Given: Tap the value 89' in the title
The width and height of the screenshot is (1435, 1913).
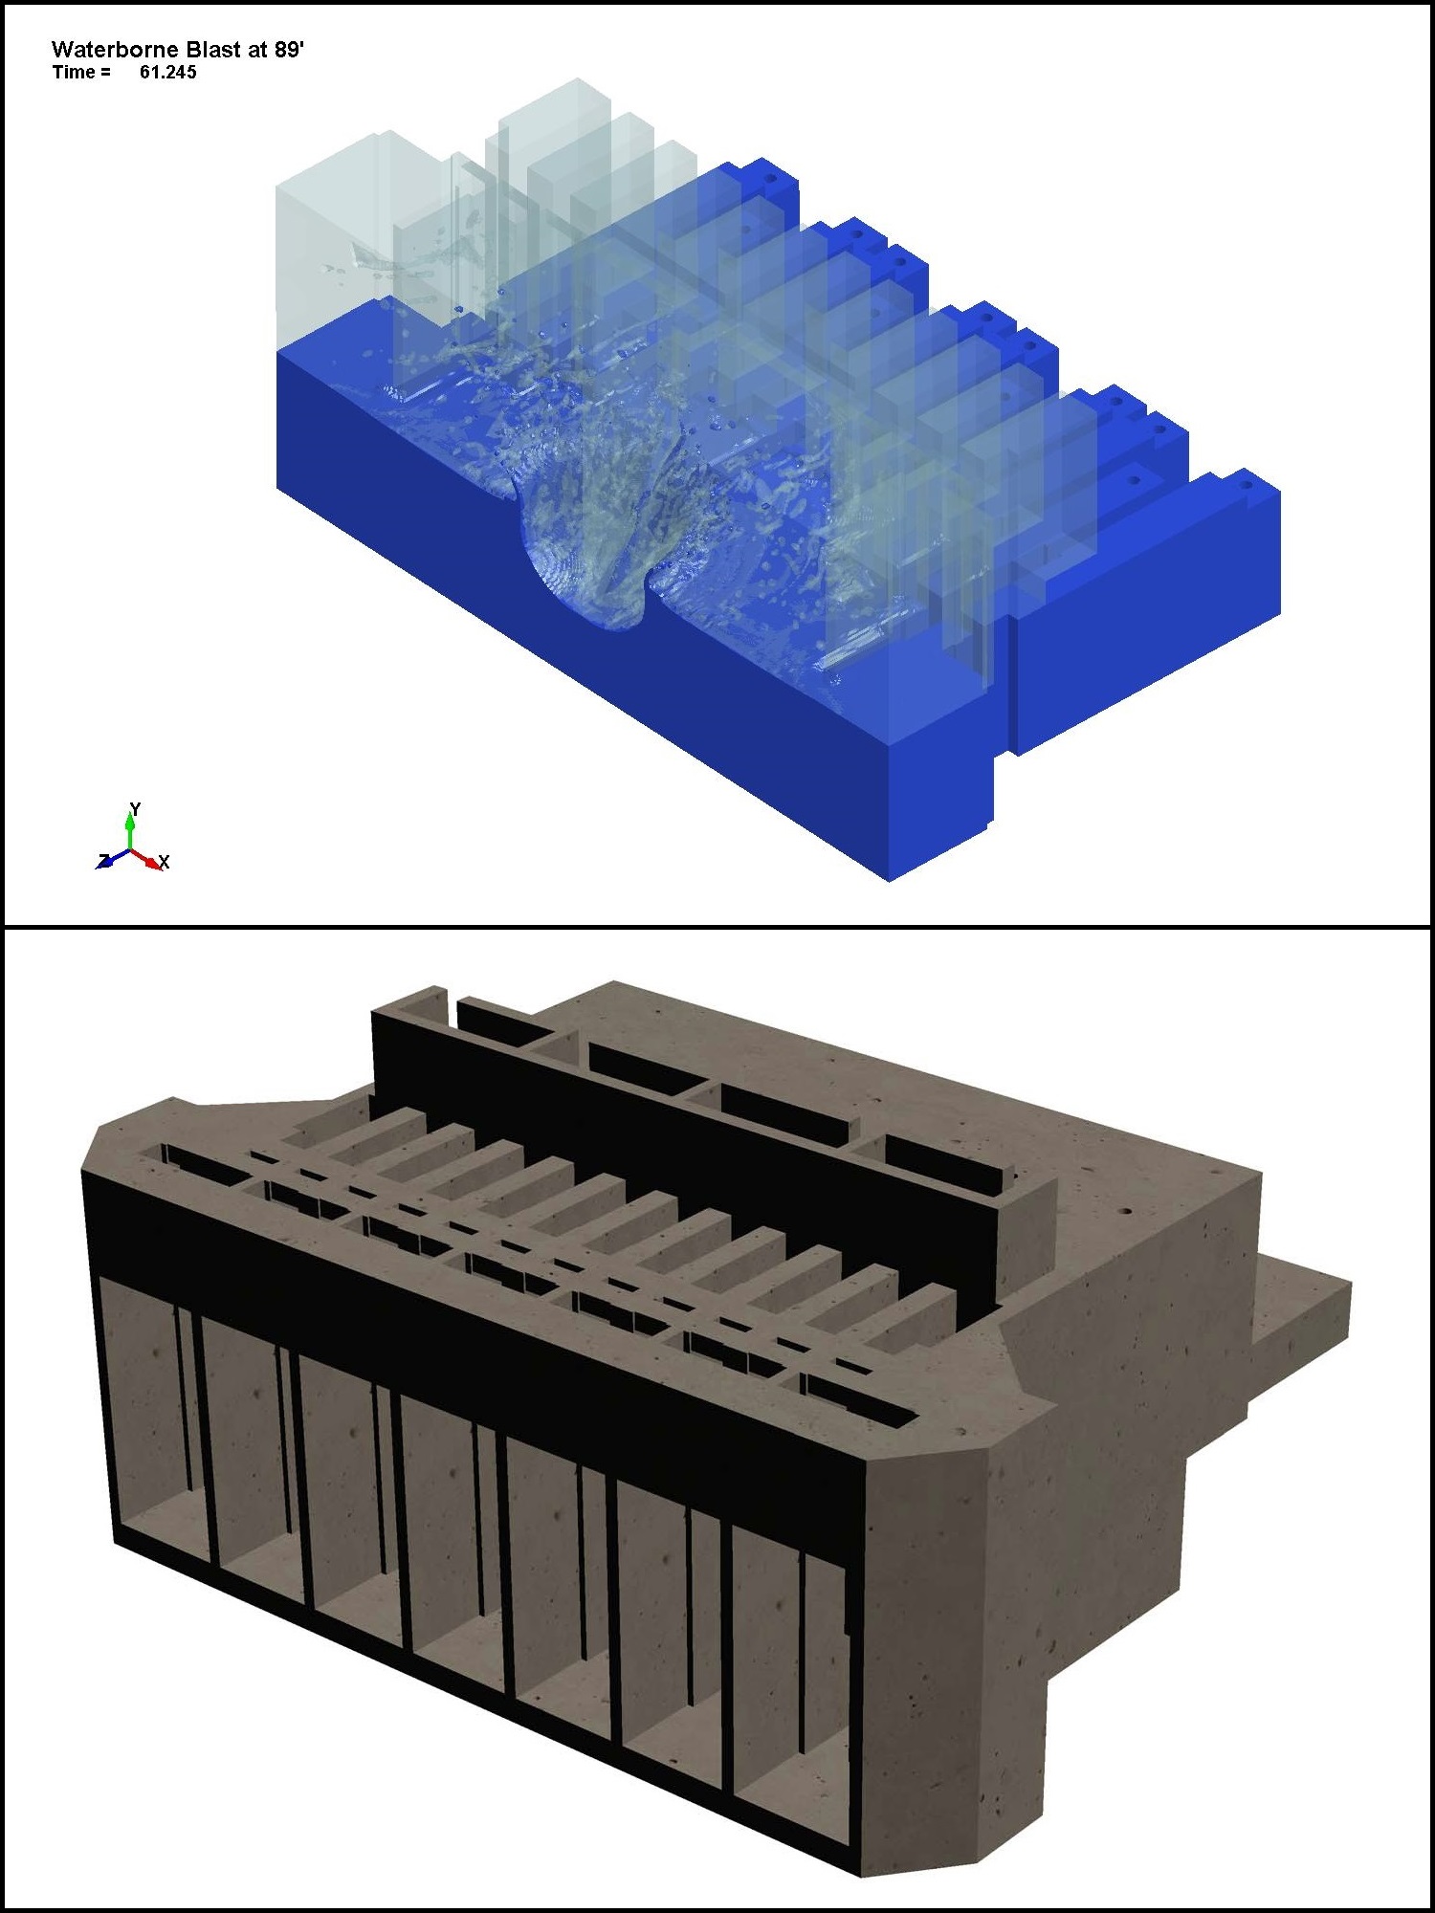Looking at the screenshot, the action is click(x=289, y=50).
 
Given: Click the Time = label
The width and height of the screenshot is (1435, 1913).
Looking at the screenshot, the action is click(x=81, y=73).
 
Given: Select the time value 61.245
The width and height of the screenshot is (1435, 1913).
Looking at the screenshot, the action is click(x=167, y=73).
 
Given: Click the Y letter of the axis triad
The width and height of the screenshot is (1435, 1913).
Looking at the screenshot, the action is click(x=135, y=809).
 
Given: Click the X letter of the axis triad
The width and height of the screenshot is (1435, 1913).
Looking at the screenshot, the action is click(x=164, y=863).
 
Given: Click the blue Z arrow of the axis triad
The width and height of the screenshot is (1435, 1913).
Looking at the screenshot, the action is click(x=113, y=859).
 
